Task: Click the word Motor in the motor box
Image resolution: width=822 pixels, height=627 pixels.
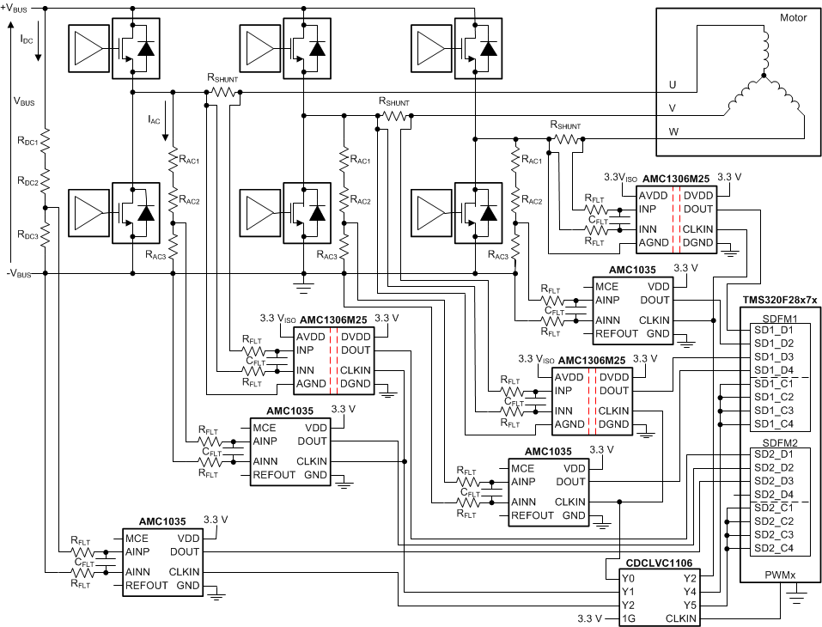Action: pos(793,18)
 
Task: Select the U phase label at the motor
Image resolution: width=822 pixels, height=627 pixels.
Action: pos(673,85)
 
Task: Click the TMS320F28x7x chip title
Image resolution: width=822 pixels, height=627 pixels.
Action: pos(779,301)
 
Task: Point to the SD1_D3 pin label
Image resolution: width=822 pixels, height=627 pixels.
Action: pos(773,356)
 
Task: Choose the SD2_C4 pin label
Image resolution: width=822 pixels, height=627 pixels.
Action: pos(773,548)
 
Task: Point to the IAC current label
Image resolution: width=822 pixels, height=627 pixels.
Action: pos(155,119)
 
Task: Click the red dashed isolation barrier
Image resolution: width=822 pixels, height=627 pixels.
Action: pos(335,360)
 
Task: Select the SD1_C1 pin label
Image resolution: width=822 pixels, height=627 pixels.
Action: pos(773,384)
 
